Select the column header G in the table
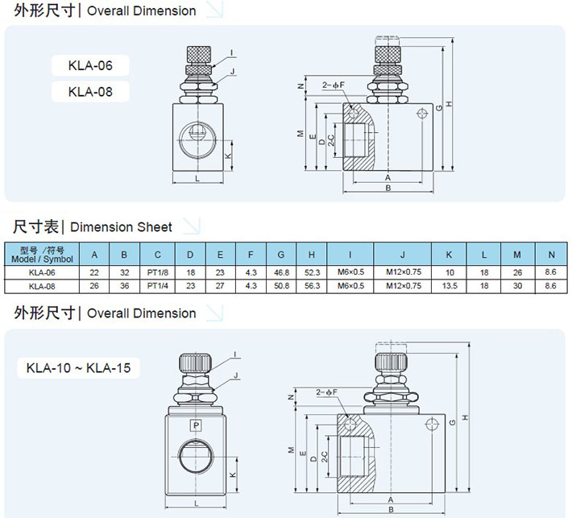pyautogui.click(x=280, y=255)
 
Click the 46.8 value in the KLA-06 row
pyautogui.click(x=280, y=272)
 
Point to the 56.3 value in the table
pyautogui.click(x=313, y=286)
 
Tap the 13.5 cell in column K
pyautogui.click(x=449, y=286)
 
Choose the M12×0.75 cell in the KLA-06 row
pyautogui.click(x=402, y=272)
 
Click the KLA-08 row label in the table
pyautogui.click(x=41, y=286)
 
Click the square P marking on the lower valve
pyautogui.click(x=194, y=425)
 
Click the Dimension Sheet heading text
pyautogui.click(x=126, y=227)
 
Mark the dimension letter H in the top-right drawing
pyautogui.click(x=450, y=103)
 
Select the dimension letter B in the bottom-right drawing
pyautogui.click(x=390, y=510)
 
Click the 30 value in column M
pyautogui.click(x=517, y=286)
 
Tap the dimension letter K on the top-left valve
pyautogui.click(x=228, y=155)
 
